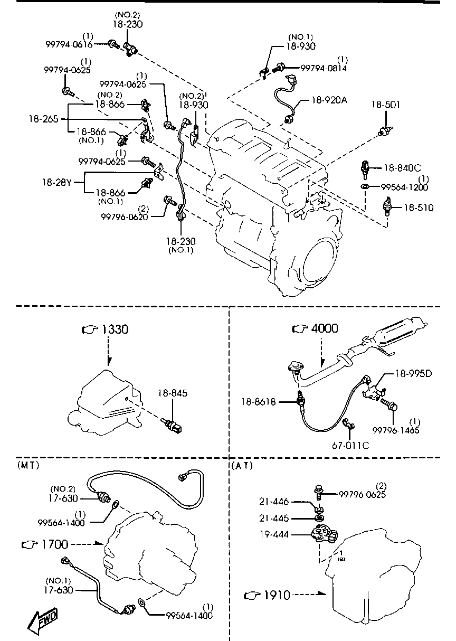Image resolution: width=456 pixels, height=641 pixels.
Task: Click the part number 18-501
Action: pyautogui.click(x=385, y=105)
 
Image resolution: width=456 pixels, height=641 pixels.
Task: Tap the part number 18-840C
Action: pyautogui.click(x=402, y=168)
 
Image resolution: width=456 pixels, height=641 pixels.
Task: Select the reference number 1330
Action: pyautogui.click(x=115, y=329)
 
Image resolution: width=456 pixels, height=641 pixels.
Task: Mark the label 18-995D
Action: pyautogui.click(x=414, y=374)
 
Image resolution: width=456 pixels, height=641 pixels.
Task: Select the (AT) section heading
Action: pyautogui.click(x=242, y=465)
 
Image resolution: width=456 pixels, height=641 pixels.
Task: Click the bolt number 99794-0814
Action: pyautogui.click(x=324, y=68)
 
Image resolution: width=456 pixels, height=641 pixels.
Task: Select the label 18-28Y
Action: pyautogui.click(x=57, y=183)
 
